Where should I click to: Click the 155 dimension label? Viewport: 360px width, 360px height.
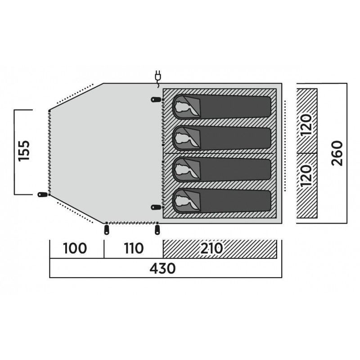tap(25, 152)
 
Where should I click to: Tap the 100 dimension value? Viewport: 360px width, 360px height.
tap(75, 249)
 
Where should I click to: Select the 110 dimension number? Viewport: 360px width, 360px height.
tap(132, 249)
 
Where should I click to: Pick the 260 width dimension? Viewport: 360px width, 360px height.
tap(338, 153)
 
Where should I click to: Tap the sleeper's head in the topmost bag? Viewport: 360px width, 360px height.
tap(185, 108)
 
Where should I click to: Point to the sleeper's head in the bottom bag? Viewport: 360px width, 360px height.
tap(185, 201)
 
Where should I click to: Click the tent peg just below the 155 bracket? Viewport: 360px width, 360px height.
tap(42, 195)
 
